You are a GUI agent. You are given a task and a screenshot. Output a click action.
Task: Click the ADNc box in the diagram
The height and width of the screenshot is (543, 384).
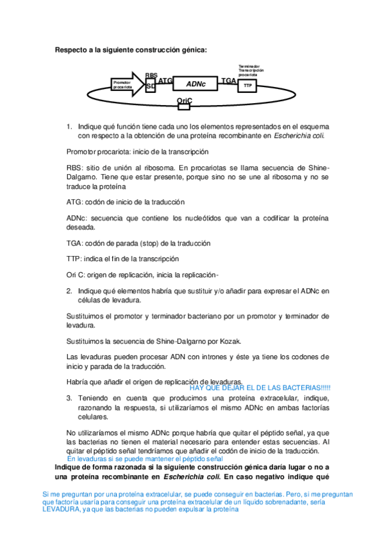tap(196, 84)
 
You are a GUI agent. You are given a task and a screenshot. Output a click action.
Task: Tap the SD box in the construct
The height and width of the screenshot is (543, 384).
tap(150, 86)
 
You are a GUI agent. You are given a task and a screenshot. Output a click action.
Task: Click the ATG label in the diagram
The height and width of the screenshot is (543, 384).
tap(165, 81)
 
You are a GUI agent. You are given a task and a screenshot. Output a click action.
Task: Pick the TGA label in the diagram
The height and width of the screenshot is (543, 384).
tap(228, 81)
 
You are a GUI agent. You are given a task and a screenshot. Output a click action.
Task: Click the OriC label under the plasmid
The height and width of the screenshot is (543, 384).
tap(185, 101)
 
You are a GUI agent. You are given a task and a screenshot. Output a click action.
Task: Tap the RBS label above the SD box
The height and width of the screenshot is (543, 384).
tap(151, 75)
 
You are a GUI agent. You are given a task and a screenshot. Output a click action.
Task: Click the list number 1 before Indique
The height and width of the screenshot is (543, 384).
tap(69, 127)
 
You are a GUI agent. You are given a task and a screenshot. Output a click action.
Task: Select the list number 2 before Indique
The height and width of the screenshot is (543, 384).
tap(69, 291)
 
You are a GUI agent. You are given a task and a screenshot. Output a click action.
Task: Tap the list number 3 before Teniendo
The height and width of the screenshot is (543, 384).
tap(69, 398)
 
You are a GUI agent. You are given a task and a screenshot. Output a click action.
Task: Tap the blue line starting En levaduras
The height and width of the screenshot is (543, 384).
tap(144, 459)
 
